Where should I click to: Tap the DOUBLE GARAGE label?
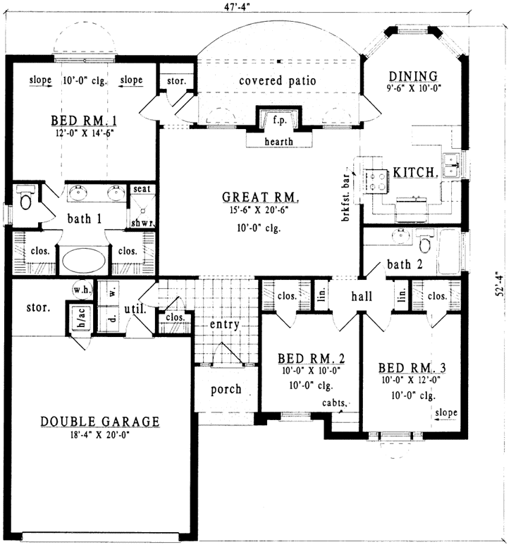pyautogui.click(x=99, y=422)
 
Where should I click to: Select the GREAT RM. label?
pyautogui.click(x=261, y=197)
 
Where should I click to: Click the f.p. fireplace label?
pyautogui.click(x=278, y=121)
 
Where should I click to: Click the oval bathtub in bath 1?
pyautogui.click(x=84, y=259)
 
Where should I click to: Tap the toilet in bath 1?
pyautogui.click(x=26, y=199)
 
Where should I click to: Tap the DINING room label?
pyautogui.click(x=413, y=76)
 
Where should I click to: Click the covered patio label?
pyautogui.click(x=276, y=81)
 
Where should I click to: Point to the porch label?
pyautogui.click(x=226, y=389)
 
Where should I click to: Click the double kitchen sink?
pyautogui.click(x=451, y=166)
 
